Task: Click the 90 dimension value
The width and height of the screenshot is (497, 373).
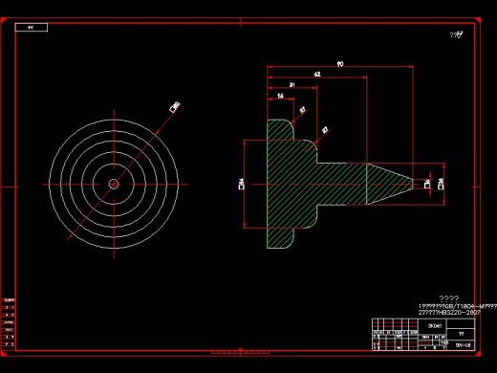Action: (340, 63)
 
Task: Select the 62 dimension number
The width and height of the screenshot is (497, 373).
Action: (316, 74)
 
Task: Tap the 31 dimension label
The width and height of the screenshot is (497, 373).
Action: (291, 85)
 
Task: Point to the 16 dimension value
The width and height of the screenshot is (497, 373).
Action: (280, 97)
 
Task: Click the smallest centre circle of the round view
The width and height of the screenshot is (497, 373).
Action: (113, 183)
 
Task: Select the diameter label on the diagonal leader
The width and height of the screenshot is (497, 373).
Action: (175, 107)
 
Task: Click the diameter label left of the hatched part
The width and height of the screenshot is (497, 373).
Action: (242, 183)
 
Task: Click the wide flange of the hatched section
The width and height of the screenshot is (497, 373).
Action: (279, 183)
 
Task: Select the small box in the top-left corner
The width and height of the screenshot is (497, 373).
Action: (32, 28)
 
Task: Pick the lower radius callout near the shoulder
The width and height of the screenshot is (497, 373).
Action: (325, 129)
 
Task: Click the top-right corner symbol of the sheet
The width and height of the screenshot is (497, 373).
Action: (459, 33)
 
